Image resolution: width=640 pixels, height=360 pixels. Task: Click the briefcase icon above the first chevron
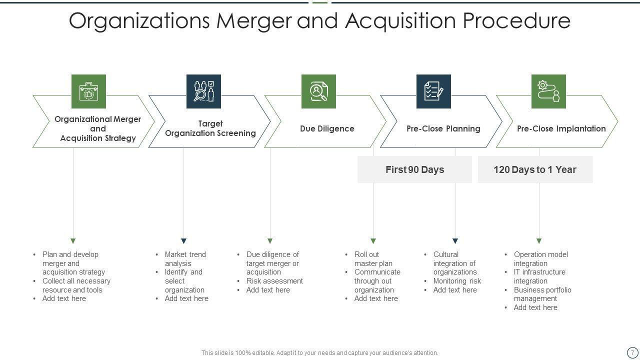click(88, 91)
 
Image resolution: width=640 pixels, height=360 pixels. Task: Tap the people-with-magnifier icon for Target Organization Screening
click(203, 91)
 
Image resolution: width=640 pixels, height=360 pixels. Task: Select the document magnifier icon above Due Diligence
click(318, 91)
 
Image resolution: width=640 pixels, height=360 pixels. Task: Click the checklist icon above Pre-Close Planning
click(433, 91)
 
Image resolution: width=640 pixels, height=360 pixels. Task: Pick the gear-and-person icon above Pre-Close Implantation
click(548, 91)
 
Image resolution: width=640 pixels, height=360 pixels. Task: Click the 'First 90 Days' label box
click(414, 169)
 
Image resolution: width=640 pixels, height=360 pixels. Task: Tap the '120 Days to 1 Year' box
click(535, 169)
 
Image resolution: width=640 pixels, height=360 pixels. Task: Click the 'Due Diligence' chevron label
click(327, 128)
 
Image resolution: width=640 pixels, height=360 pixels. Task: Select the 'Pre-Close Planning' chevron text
click(443, 128)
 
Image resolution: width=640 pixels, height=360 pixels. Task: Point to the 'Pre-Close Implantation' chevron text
click(561, 128)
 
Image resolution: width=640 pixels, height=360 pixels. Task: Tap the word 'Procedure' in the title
click(516, 21)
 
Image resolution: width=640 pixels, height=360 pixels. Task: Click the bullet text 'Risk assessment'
click(274, 281)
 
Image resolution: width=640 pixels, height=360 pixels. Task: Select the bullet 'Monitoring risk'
click(457, 281)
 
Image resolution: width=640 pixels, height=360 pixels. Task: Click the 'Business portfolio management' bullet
click(542, 294)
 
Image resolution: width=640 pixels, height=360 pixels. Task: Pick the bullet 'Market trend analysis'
click(185, 258)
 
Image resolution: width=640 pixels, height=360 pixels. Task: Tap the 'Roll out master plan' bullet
click(373, 258)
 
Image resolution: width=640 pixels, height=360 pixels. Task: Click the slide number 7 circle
click(632, 352)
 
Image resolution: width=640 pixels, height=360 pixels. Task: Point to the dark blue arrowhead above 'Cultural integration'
click(455, 241)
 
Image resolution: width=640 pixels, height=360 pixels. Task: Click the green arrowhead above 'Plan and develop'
click(73, 241)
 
